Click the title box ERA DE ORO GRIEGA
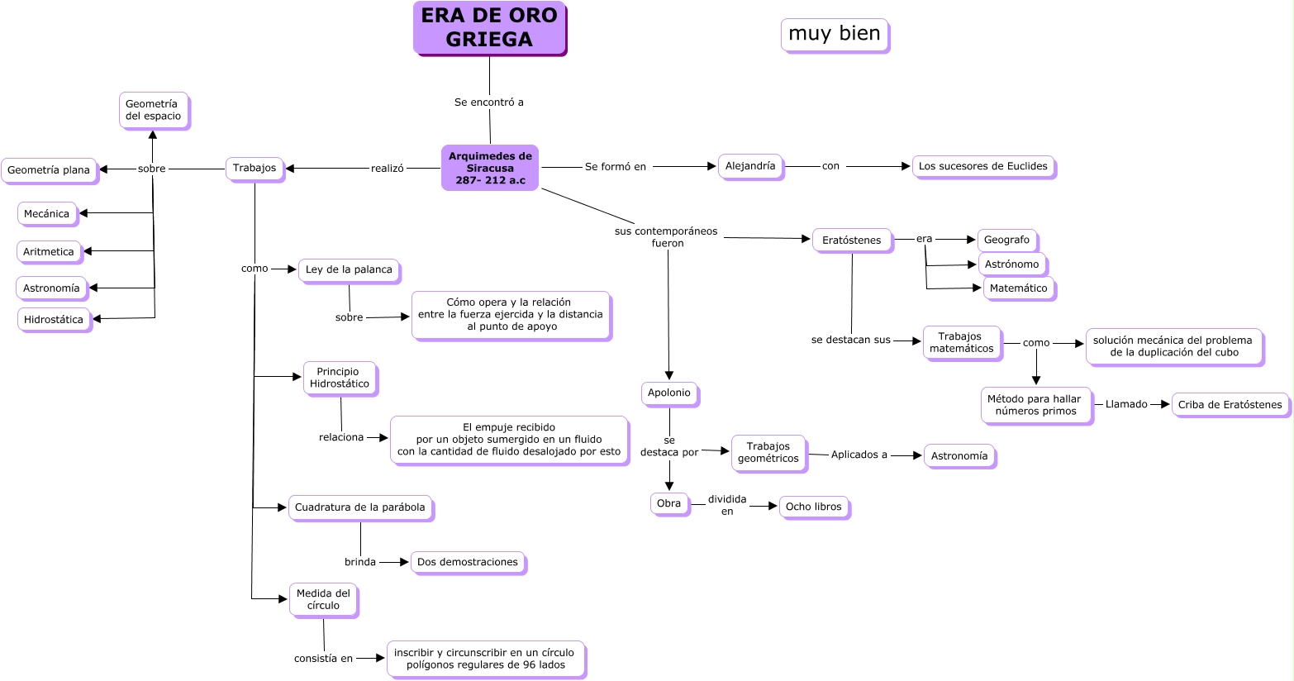coord(489,27)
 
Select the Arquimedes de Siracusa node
coord(490,168)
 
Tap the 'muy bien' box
coord(835,34)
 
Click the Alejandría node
coord(750,166)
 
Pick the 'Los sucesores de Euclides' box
coord(982,166)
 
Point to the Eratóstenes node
coord(852,240)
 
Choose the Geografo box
coord(1006,240)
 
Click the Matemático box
coord(1018,288)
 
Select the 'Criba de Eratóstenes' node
coord(1230,405)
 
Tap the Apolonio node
coord(669,393)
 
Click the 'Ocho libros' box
coord(813,507)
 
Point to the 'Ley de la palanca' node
coord(349,269)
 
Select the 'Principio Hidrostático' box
coord(340,378)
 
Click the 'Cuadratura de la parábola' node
coord(360,507)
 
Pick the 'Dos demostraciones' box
coord(468,562)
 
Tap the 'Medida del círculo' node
coord(323,599)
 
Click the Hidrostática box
coord(54,320)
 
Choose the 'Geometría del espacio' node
coord(152,110)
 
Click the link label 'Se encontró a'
coord(489,102)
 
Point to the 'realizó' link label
coord(388,169)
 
